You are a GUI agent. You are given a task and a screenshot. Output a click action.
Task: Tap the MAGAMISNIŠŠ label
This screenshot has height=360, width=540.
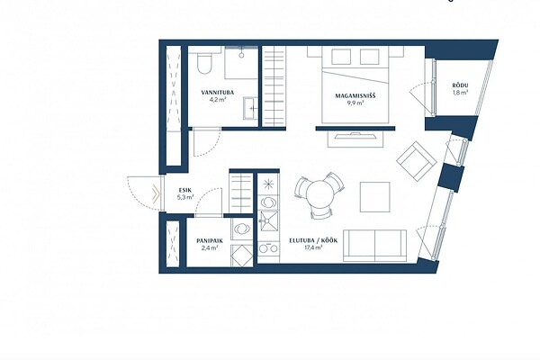(x=355, y=95)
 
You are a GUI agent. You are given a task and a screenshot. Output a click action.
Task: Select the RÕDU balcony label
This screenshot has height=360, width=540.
(x=461, y=85)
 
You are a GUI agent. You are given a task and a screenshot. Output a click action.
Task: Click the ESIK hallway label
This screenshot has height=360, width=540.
(x=184, y=190)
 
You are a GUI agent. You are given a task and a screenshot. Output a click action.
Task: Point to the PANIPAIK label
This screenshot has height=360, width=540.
(x=210, y=241)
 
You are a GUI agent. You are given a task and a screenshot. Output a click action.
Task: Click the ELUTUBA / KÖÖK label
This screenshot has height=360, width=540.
(x=313, y=241)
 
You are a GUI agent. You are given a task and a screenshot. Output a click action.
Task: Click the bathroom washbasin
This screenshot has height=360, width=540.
(x=250, y=108)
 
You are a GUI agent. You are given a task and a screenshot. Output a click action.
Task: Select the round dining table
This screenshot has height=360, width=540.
(x=319, y=194)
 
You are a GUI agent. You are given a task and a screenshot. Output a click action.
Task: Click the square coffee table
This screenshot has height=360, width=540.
(x=375, y=197)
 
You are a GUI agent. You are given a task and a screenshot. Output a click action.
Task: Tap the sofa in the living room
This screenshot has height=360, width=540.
(x=374, y=246)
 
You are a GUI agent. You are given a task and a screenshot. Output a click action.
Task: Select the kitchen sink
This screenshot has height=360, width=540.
(x=268, y=220)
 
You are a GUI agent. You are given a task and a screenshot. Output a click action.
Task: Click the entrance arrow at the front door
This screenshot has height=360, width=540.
(x=156, y=194)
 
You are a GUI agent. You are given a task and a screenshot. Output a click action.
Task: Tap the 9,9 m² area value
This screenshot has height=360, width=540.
(x=355, y=103)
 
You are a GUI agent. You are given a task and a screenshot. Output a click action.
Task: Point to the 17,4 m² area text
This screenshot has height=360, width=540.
(x=313, y=247)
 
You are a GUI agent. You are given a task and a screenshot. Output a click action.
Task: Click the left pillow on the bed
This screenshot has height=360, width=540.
(x=341, y=57)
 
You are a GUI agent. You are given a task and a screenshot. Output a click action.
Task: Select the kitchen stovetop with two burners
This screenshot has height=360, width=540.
(x=268, y=248)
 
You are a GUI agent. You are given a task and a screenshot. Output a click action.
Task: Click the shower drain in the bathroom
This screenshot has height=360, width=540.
(x=241, y=55)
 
